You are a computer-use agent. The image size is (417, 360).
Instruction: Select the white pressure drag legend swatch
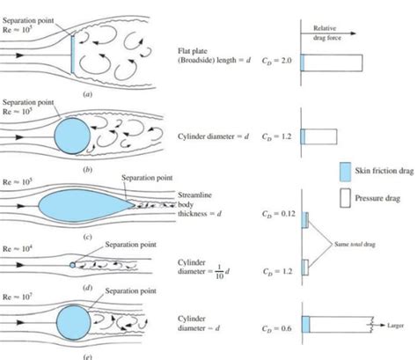(344, 198)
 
